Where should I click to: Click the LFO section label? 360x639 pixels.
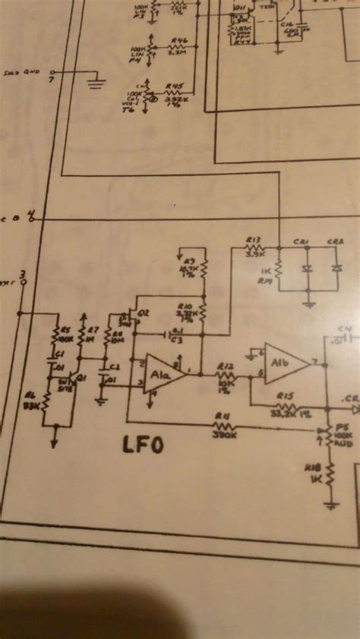click(144, 445)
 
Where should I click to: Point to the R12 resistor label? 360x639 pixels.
click(224, 367)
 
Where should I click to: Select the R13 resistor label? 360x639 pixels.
click(254, 239)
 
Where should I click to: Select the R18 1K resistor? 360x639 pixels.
click(331, 477)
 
